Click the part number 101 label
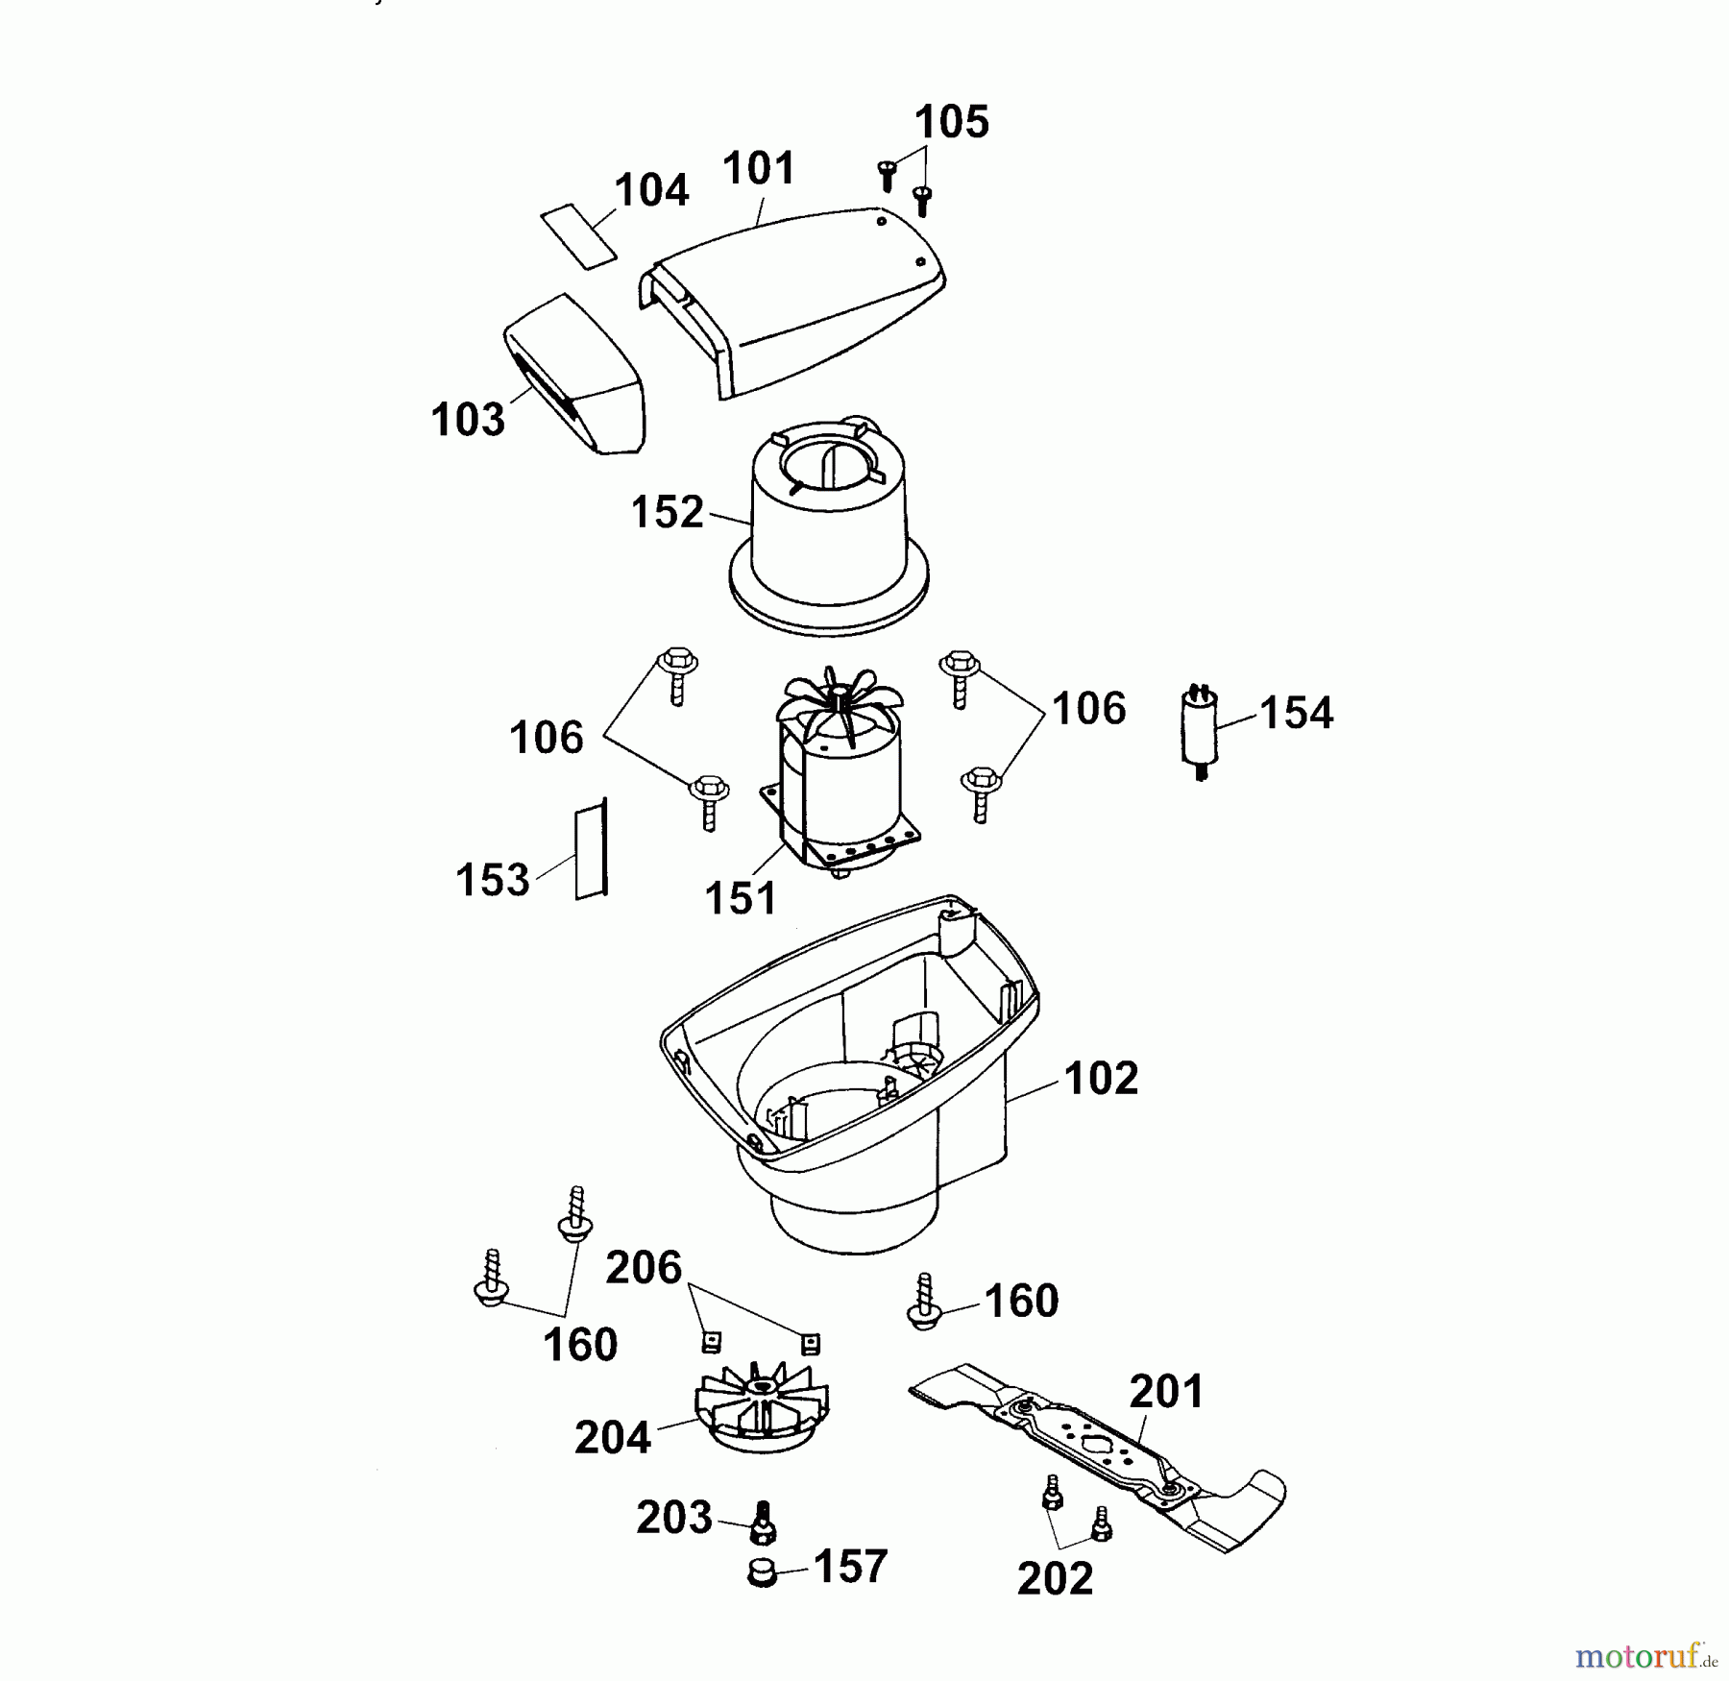pyautogui.click(x=759, y=169)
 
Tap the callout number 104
pyautogui.click(x=651, y=190)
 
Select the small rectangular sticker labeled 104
pyautogui.click(x=577, y=236)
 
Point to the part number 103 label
pyautogui.click(x=468, y=421)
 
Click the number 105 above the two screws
pyautogui.click(x=951, y=123)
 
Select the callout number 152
pyautogui.click(x=667, y=513)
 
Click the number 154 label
pyautogui.click(x=1296, y=714)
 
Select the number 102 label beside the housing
pyautogui.click(x=1101, y=1079)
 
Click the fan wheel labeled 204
pyautogui.click(x=761, y=1410)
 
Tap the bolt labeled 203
pyautogui.click(x=764, y=1523)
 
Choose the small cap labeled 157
pyautogui.click(x=762, y=1572)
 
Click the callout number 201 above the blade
pyautogui.click(x=1166, y=1392)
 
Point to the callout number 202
pyautogui.click(x=1055, y=1579)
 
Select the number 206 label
pyautogui.click(x=643, y=1268)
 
